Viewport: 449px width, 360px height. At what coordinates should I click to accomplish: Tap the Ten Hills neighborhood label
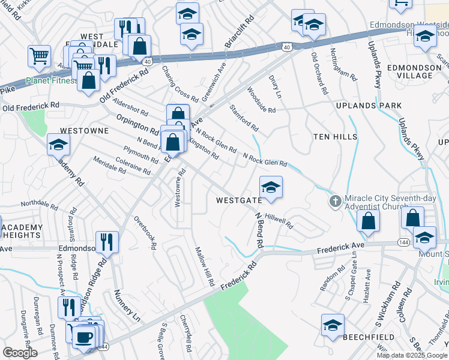[x=335, y=137]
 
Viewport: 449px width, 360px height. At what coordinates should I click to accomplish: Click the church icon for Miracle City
[x=336, y=201]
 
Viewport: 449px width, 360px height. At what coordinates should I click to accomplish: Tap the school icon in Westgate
[x=271, y=187]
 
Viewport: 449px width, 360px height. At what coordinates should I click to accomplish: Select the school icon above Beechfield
[x=333, y=325]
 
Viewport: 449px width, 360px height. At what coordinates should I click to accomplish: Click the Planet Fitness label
[x=51, y=82]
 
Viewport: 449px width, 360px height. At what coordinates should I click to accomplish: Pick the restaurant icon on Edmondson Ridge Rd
[x=107, y=241]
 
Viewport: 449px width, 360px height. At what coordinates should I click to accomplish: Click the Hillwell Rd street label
[x=279, y=222]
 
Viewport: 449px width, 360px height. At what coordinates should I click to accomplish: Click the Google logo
[x=20, y=353]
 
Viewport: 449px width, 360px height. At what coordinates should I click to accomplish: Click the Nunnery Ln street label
[x=126, y=305]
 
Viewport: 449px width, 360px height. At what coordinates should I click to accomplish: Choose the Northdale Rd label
[x=39, y=206]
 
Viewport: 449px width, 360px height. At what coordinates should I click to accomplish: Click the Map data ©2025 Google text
[x=412, y=355]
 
